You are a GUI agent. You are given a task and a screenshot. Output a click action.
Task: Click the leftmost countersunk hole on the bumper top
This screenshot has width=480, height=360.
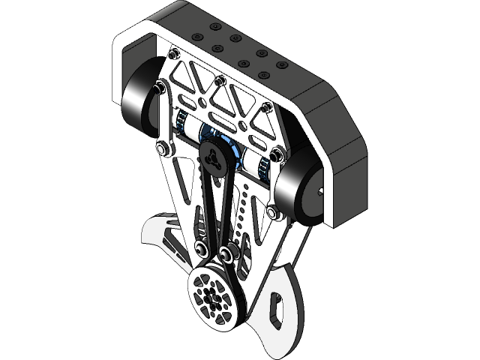(197, 37)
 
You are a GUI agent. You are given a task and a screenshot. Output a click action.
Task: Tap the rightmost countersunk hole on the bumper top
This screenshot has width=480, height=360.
(282, 65)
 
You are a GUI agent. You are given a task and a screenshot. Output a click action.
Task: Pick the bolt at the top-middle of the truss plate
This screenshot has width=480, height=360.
(219, 80)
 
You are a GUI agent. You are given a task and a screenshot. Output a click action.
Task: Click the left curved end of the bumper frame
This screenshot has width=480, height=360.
(121, 67)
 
